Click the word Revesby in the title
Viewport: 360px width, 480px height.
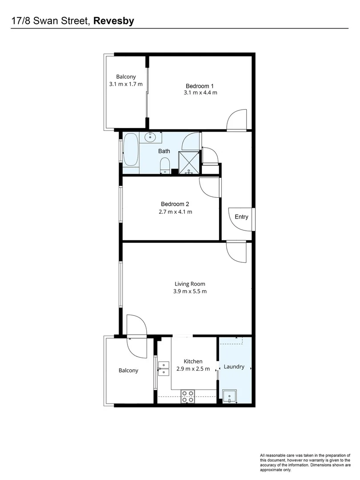(x=114, y=20)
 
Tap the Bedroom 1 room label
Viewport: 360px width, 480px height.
(x=200, y=86)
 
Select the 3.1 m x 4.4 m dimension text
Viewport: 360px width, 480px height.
(x=200, y=92)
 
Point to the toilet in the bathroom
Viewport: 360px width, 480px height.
(x=164, y=165)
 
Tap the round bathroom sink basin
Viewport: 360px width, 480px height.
(x=151, y=137)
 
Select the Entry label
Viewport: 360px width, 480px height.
(x=241, y=217)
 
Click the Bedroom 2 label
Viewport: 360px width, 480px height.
(x=175, y=204)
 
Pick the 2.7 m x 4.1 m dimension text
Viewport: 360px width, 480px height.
(x=175, y=212)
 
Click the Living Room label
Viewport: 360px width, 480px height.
(x=190, y=284)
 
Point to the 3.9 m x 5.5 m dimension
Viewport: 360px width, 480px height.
(x=190, y=291)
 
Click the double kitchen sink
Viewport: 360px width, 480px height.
(x=164, y=368)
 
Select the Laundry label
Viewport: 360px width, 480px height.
(x=234, y=367)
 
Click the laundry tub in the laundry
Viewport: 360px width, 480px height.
(x=230, y=395)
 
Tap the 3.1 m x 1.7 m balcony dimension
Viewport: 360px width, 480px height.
(x=126, y=84)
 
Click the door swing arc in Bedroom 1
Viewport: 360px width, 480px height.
(x=236, y=119)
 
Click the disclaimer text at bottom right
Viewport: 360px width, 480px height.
(x=305, y=462)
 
